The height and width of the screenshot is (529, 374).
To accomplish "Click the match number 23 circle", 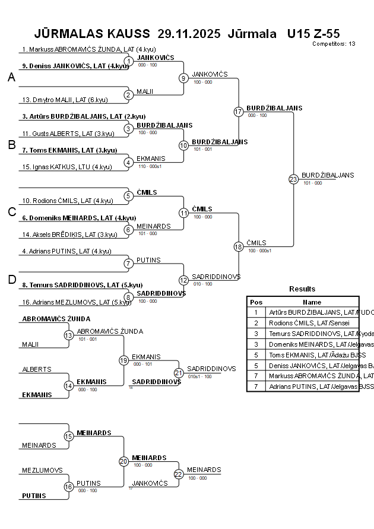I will click(293, 179).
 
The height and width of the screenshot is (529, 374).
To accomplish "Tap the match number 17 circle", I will click(239, 112).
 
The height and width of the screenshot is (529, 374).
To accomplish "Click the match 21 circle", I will click(179, 373).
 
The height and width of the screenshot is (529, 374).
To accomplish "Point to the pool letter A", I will click(11, 77).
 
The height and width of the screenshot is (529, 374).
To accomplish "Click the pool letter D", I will click(11, 280).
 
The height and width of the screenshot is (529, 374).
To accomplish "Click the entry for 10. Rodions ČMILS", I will click(67, 201).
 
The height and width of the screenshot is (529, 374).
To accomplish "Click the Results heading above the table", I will click(302, 289).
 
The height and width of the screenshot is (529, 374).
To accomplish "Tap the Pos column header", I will click(256, 302).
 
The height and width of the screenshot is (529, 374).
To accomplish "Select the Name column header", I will click(312, 302).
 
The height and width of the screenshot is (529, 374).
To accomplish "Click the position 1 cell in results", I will click(256, 312).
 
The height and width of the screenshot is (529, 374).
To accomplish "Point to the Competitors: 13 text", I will click(334, 44).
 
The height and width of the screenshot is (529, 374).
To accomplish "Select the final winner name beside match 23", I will click(328, 175).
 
